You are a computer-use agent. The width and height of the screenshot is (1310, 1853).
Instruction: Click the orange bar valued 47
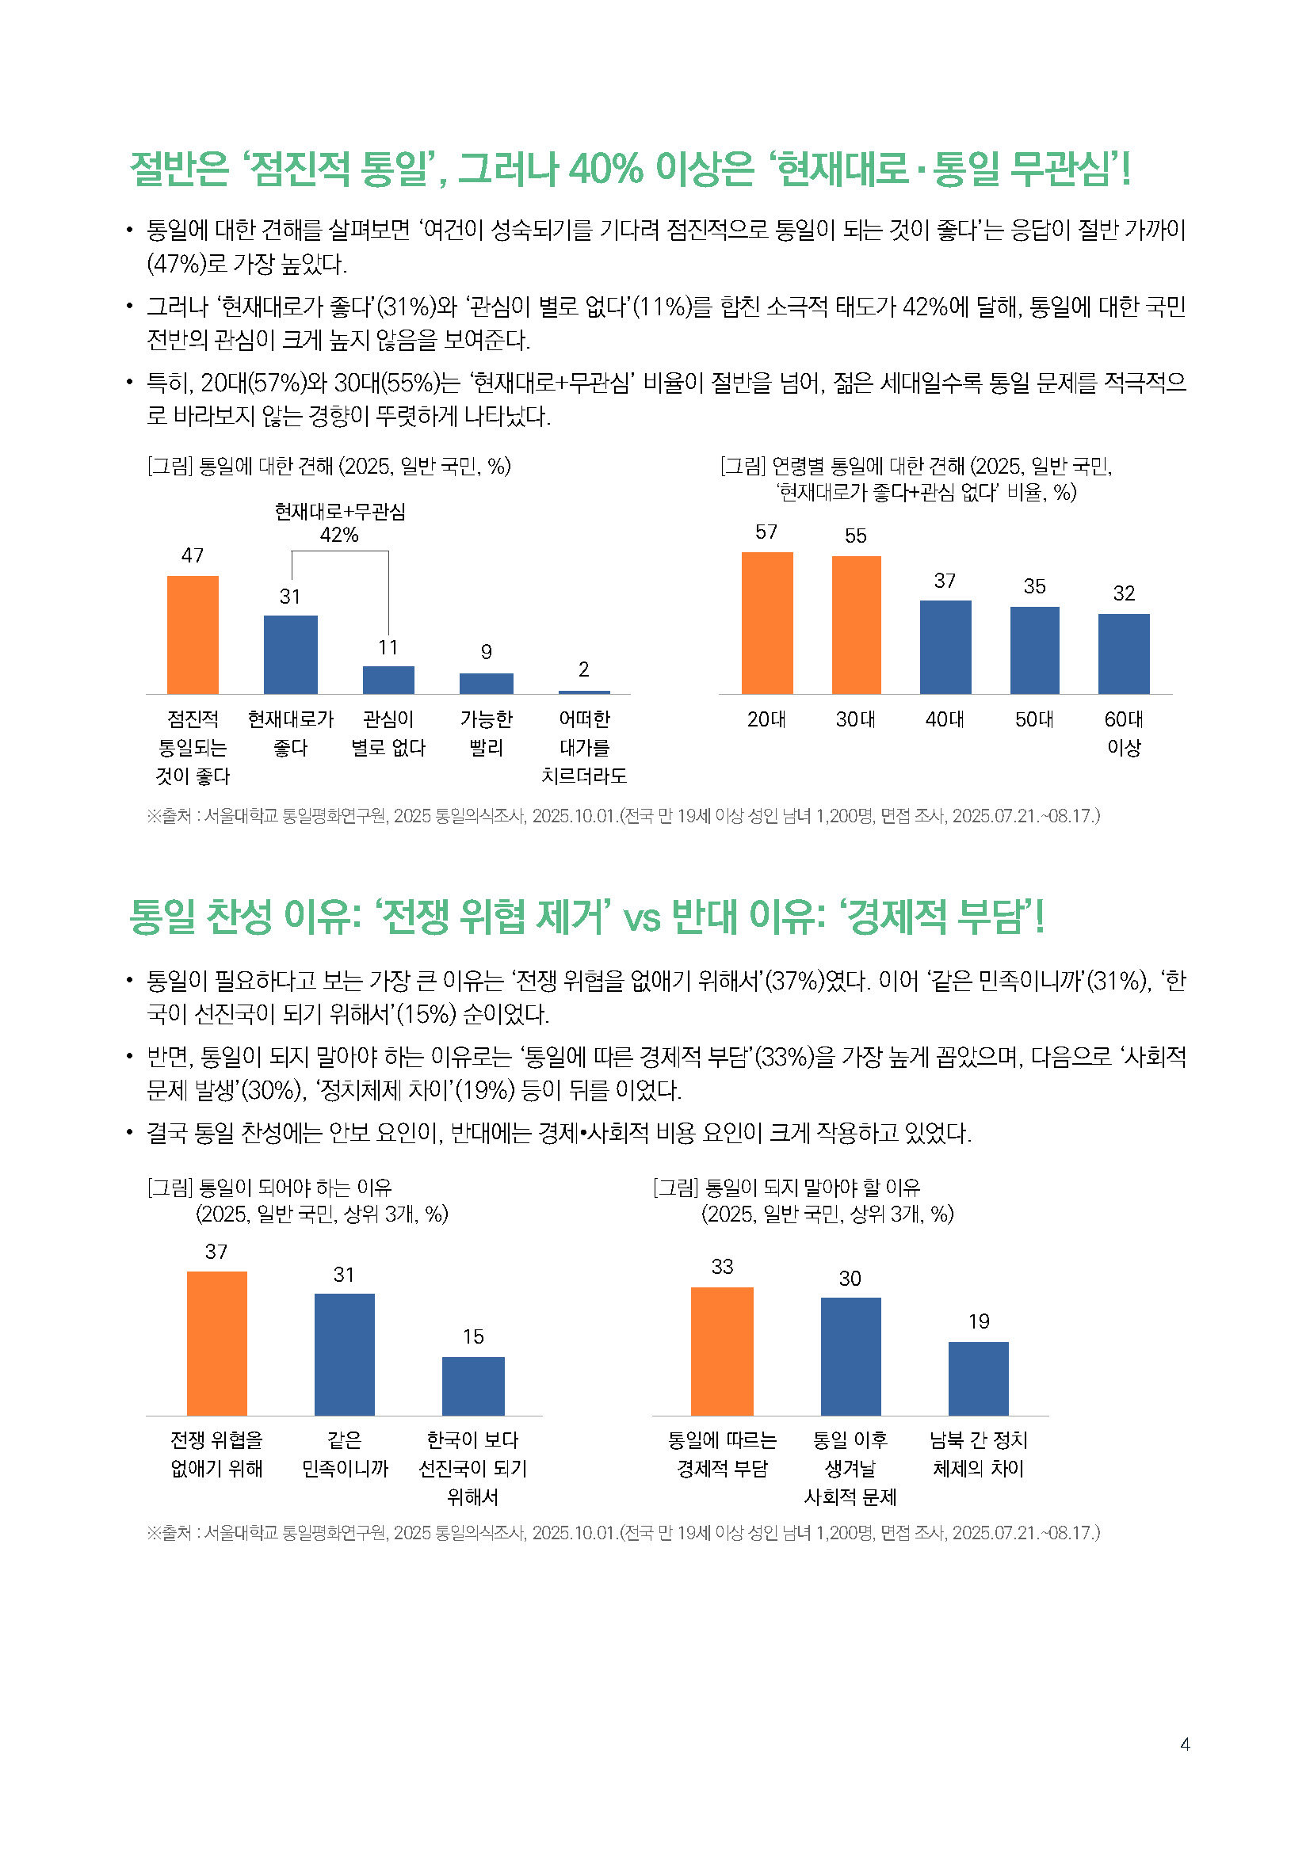point(192,635)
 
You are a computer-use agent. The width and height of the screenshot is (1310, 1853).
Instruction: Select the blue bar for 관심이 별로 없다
point(388,680)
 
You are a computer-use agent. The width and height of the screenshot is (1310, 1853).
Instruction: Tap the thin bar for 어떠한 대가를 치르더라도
point(583,692)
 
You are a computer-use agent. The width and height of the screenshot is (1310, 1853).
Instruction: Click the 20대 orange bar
point(767,622)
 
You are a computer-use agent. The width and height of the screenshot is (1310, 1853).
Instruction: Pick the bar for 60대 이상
point(1124,654)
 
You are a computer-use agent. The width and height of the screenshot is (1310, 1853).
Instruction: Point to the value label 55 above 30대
point(856,536)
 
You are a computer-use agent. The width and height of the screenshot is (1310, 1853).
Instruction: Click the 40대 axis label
point(945,719)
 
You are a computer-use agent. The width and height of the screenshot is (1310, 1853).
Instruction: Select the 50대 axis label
point(1034,719)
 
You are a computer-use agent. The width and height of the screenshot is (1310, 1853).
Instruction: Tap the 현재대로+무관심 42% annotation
point(340,523)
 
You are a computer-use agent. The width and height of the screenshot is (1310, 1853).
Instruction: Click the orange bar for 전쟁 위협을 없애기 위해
point(216,1343)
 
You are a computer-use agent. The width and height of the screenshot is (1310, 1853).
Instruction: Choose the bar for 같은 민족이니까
point(345,1354)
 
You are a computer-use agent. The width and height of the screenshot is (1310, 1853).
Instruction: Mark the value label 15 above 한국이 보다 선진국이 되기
point(473,1336)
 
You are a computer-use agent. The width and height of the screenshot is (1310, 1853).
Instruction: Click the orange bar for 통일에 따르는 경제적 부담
point(722,1351)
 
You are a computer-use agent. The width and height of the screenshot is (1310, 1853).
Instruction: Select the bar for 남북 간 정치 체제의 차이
point(978,1378)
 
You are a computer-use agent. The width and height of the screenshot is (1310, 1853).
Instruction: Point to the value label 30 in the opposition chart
point(850,1279)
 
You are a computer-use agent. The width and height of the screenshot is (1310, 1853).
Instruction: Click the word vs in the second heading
point(642,917)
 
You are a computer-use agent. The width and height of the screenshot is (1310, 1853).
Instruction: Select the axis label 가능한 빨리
point(486,733)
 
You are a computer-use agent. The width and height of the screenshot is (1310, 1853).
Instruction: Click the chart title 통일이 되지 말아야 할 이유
point(812,1188)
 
